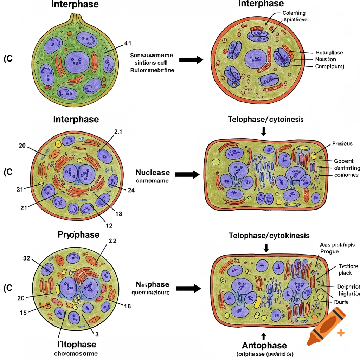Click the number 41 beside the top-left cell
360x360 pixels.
coord(128,44)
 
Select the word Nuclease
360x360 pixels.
coord(153,173)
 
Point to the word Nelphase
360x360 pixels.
coord(153,284)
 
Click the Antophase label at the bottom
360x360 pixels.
coord(264,345)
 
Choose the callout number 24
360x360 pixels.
coord(131,190)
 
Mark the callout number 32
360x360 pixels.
coord(27,258)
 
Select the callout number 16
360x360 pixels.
coord(127,306)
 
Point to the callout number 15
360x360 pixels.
coord(22,313)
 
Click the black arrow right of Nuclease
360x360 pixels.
coord(187,174)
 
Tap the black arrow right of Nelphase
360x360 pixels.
coord(188,288)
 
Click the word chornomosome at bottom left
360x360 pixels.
coord(76,353)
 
